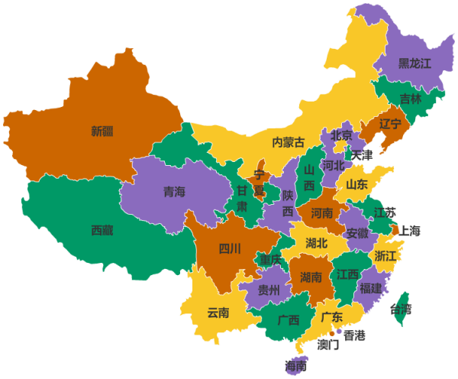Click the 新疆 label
pyautogui.click(x=102, y=131)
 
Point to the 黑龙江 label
pyautogui.click(x=415, y=63)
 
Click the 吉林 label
pyautogui.click(x=410, y=99)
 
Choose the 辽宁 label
pyautogui.click(x=390, y=124)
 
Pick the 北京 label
pyautogui.click(x=341, y=135)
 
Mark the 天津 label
pyautogui.click(x=362, y=154)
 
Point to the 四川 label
pyautogui.click(x=230, y=248)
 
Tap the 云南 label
pyautogui.click(x=218, y=312)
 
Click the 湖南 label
pyautogui.click(x=311, y=276)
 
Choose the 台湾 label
pyautogui.click(x=401, y=309)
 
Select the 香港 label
pyautogui.click(x=354, y=335)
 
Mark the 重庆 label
pyautogui.click(x=270, y=260)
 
